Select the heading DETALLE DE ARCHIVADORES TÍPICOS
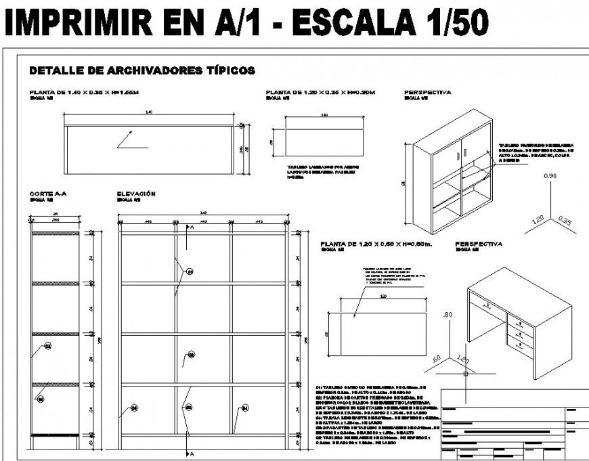click(141, 70)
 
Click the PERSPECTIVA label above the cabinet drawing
click(427, 92)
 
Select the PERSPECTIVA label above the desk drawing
click(479, 244)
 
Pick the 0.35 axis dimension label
click(566, 220)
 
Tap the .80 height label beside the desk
click(446, 315)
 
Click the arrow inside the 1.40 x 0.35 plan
click(131, 141)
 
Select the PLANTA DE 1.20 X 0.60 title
click(376, 244)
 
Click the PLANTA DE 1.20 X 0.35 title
click(320, 92)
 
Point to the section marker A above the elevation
click(192, 228)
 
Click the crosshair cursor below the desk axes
click(465, 373)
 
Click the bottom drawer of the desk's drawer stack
click(521, 344)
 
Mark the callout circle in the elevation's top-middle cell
click(190, 271)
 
